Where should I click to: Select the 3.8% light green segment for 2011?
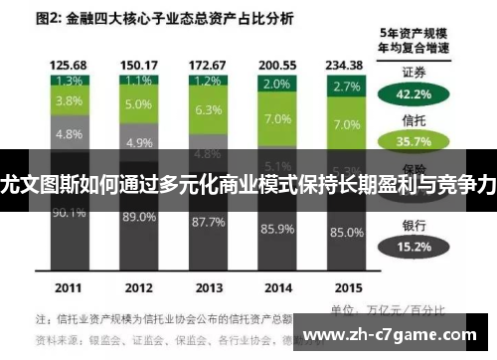[x=69, y=100]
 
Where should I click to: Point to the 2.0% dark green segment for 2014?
[x=276, y=86]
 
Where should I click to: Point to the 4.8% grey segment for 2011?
[x=69, y=132]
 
